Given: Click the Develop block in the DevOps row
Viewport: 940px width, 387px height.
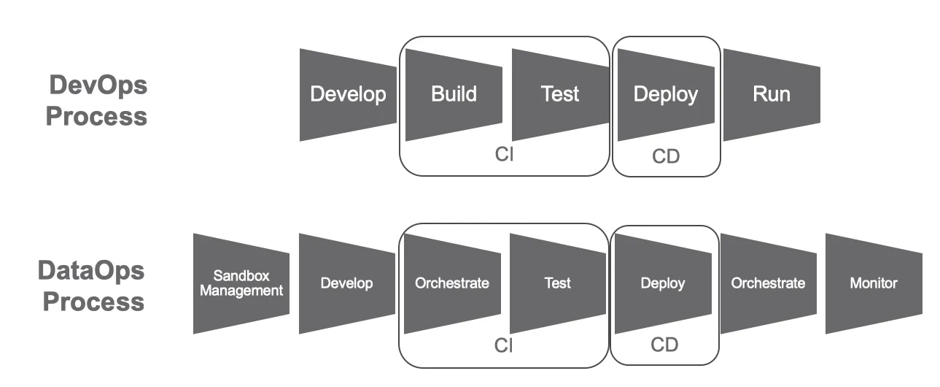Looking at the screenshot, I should click(348, 95).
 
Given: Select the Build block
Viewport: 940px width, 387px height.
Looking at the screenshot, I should click(454, 95).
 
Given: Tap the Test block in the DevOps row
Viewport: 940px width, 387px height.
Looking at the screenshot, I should click(560, 95).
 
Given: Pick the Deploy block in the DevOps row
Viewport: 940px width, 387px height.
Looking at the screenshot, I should click(665, 95).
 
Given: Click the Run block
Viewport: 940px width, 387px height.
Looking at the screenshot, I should click(772, 95).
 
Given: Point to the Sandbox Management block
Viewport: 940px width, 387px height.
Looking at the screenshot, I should click(241, 283).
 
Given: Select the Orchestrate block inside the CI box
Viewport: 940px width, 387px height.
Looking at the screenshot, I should click(452, 283).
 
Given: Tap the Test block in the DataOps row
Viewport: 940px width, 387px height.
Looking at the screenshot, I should click(558, 283).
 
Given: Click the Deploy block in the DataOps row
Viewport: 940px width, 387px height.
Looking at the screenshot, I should click(663, 283).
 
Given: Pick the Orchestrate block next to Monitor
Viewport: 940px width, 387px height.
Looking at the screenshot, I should click(769, 283).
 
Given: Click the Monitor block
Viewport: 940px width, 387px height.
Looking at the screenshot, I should click(874, 283).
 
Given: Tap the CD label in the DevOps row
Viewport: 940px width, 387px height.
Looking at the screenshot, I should click(666, 157).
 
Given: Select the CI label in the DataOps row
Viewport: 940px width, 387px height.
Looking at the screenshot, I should click(504, 346).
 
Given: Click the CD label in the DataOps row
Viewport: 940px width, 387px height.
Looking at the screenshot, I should click(664, 344).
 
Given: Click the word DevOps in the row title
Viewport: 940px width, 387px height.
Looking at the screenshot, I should click(98, 85).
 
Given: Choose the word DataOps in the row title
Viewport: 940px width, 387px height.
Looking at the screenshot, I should click(91, 272).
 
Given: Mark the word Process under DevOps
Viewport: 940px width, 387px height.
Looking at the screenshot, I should click(96, 116).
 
